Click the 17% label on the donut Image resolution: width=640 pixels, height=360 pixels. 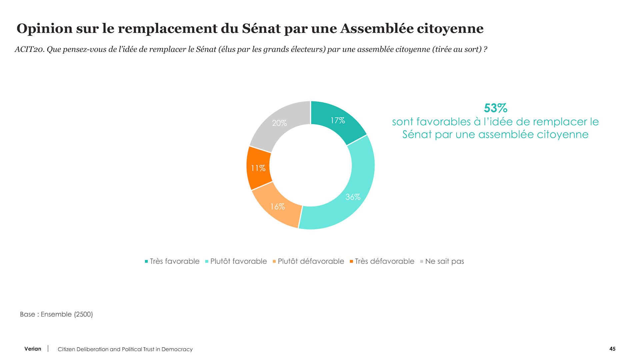click(x=338, y=120)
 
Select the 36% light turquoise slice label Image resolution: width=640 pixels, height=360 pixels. click(x=353, y=197)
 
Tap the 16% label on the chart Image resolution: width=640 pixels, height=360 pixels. click(x=277, y=207)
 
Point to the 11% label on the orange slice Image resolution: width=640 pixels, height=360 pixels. click(x=258, y=168)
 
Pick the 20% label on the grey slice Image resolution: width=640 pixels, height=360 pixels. click(x=279, y=123)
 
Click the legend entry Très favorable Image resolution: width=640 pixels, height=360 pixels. click(x=172, y=261)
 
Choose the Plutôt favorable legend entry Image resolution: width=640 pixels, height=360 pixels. click(x=236, y=261)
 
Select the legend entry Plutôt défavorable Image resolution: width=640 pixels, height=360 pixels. click(x=308, y=261)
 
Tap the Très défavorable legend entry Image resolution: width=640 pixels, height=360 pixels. click(x=382, y=261)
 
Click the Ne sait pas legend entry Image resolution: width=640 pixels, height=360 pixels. click(x=442, y=261)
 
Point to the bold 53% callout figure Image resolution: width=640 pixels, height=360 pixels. click(x=496, y=108)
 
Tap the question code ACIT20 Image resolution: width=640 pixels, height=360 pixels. click(x=29, y=49)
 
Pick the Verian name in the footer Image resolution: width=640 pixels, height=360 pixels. click(x=33, y=349)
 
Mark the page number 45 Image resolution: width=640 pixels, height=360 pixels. click(x=612, y=349)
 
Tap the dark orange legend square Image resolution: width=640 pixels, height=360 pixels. click(x=351, y=261)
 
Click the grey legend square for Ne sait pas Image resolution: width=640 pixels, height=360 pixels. click(x=422, y=261)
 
